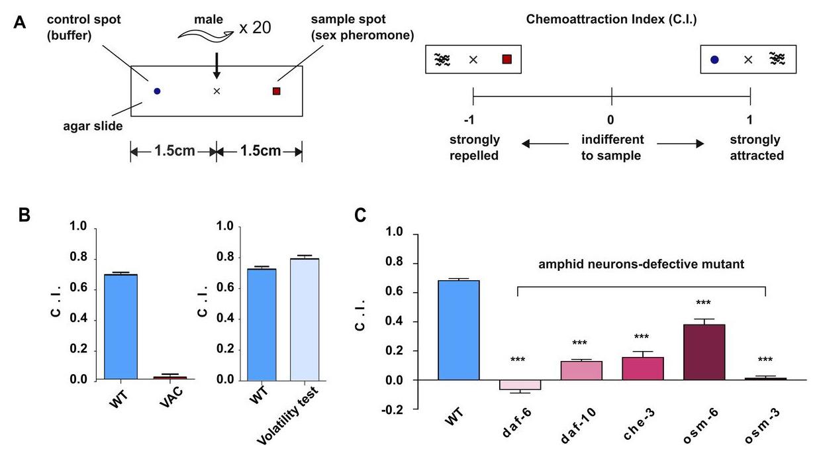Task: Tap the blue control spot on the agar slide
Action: tap(157, 91)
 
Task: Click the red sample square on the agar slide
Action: tap(277, 91)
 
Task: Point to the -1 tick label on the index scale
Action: tap(473, 120)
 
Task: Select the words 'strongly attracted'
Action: tap(756, 148)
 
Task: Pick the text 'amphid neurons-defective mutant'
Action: tap(640, 264)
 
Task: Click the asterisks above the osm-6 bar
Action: tap(703, 303)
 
